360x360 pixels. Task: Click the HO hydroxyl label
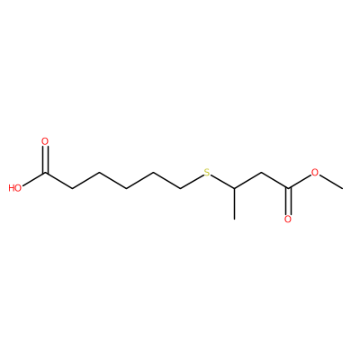pyautogui.click(x=15, y=188)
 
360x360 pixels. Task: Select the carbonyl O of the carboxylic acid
pyautogui.click(x=45, y=141)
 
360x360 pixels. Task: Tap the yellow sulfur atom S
pyautogui.click(x=207, y=173)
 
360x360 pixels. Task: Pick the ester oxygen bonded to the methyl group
pyautogui.click(x=315, y=173)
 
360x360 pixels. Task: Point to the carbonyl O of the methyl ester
pyautogui.click(x=288, y=220)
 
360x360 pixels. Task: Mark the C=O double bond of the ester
pyautogui.click(x=288, y=202)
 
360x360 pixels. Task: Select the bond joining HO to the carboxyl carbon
pyautogui.click(x=33, y=179)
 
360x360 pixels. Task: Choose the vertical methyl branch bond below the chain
pyautogui.click(x=234, y=204)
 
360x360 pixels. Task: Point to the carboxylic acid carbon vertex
pyautogui.click(x=45, y=173)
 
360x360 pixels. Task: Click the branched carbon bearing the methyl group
pyautogui.click(x=234, y=188)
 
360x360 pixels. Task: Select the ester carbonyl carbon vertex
pyautogui.click(x=288, y=188)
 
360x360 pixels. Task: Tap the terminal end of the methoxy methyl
pyautogui.click(x=342, y=188)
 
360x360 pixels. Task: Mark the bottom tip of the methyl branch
pyautogui.click(x=234, y=220)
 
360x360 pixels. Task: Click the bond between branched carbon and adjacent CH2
pyautogui.click(x=247, y=181)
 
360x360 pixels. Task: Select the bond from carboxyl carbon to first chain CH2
pyautogui.click(x=58, y=181)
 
